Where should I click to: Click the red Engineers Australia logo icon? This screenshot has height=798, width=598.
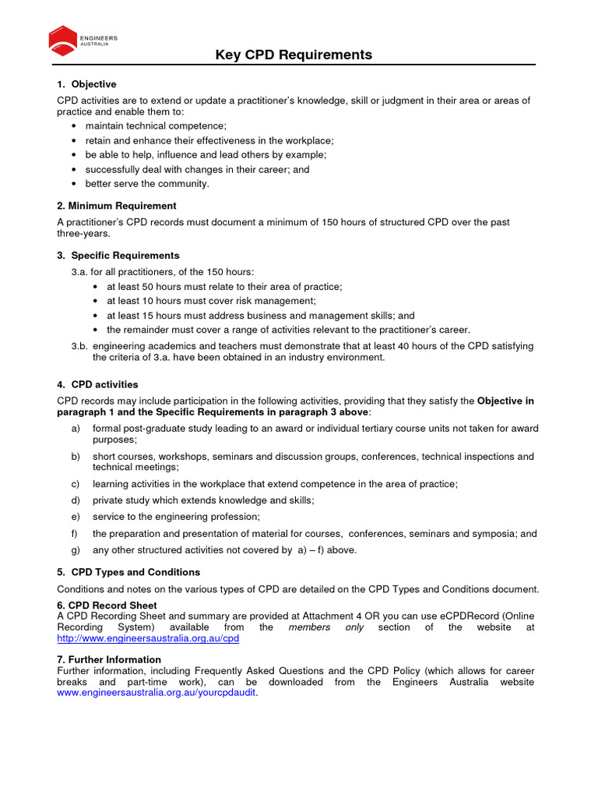click(x=62, y=40)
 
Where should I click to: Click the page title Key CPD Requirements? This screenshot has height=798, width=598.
click(x=294, y=55)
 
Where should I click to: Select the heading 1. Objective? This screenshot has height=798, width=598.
click(x=86, y=84)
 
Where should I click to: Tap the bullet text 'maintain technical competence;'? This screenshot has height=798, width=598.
click(x=156, y=125)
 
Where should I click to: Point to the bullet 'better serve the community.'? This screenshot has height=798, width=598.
click(x=147, y=184)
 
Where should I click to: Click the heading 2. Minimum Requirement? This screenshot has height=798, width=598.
click(x=117, y=206)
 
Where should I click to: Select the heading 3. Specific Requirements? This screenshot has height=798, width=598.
click(x=118, y=256)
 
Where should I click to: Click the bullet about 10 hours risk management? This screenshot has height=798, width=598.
click(x=211, y=301)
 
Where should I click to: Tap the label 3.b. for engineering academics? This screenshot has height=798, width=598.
click(x=79, y=345)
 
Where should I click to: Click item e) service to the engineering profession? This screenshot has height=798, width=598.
click(x=176, y=517)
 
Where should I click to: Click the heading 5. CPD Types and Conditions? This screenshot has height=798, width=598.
click(x=128, y=572)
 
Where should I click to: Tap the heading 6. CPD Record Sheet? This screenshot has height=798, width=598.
click(x=107, y=606)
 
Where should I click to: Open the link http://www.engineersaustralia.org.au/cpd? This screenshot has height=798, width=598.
click(x=148, y=638)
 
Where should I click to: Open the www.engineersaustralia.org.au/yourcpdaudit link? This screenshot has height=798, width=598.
click(x=157, y=693)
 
